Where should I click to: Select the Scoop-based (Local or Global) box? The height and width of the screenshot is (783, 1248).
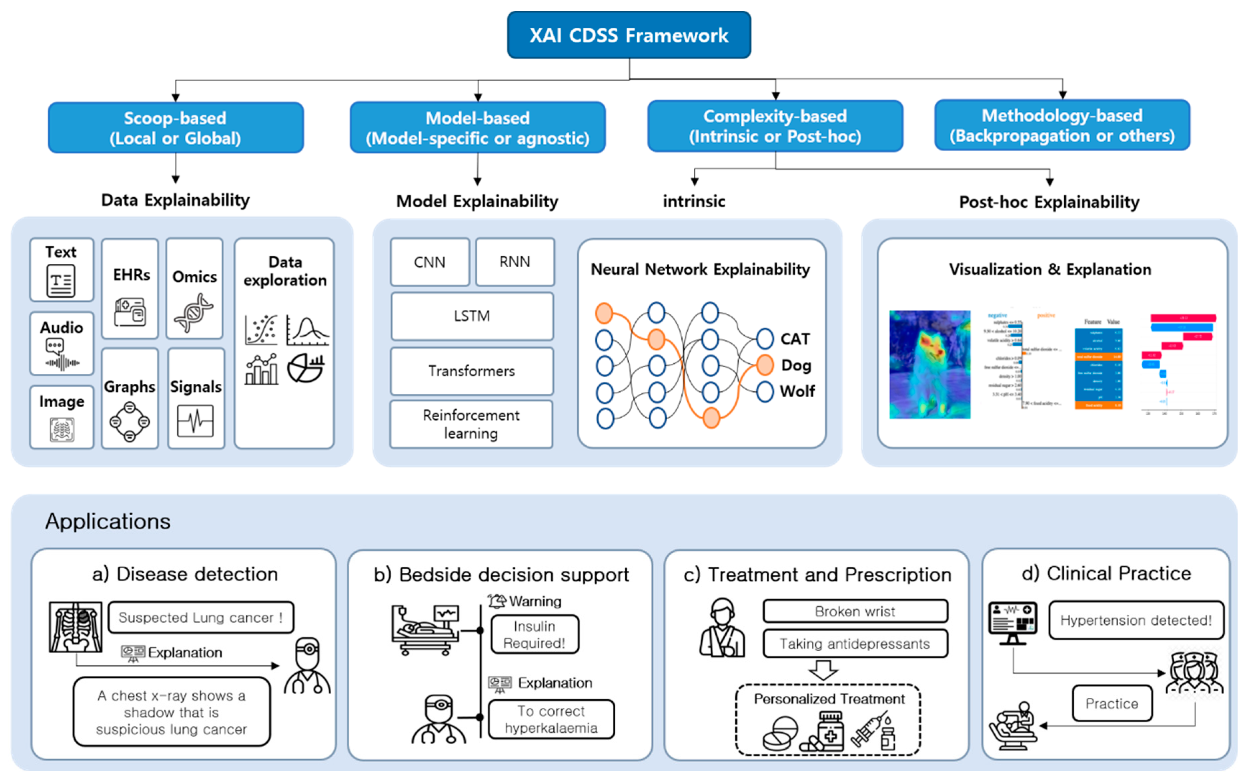coord(175,127)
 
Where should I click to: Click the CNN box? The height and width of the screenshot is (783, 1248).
coord(430,262)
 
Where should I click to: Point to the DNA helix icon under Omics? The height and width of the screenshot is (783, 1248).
coord(194,312)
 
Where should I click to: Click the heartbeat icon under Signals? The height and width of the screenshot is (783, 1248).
coord(195,421)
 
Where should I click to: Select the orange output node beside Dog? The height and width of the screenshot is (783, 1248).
coord(765,365)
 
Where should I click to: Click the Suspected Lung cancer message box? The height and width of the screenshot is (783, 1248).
coord(201,617)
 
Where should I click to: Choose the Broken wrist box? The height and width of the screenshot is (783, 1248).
coord(855,611)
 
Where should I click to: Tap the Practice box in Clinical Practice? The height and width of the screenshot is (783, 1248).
coord(1111,703)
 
